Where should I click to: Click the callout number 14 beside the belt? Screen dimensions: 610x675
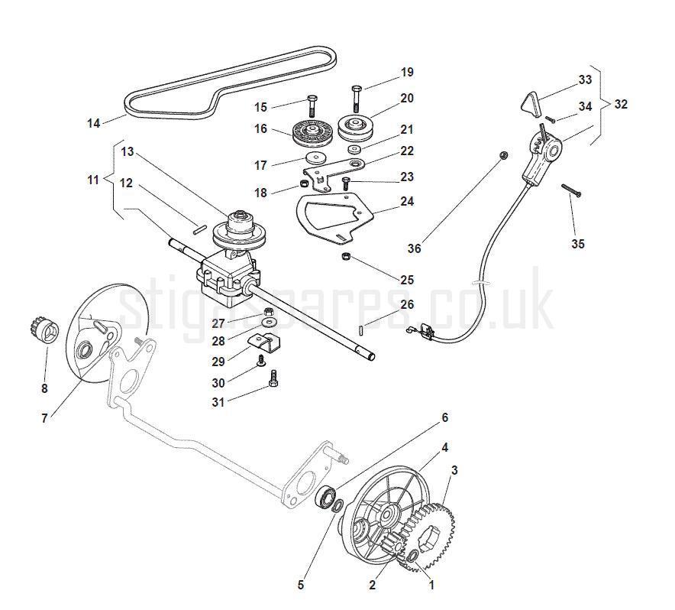[x=94, y=122]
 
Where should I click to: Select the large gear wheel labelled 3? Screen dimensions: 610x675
[x=431, y=538]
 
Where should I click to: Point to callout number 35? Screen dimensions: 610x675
[x=578, y=244]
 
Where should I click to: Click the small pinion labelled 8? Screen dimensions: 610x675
[x=47, y=330]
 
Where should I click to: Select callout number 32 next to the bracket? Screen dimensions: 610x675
[x=621, y=104]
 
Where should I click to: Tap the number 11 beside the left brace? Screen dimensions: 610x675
[x=93, y=180]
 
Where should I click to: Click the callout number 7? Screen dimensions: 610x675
[x=44, y=418]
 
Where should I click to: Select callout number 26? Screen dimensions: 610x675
[x=407, y=304]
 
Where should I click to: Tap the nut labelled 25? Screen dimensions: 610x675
[x=345, y=255]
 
